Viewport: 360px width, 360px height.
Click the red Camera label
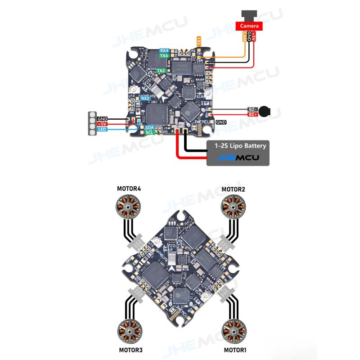pos(249,26)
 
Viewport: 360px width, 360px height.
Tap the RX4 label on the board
pos(164,50)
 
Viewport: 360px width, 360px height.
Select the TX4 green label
pos(164,56)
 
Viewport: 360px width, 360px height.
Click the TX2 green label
pos(161,71)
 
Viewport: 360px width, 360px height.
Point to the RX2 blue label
pos(145,99)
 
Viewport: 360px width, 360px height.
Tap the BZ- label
pos(253,109)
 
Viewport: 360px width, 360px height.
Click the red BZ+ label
pos(253,115)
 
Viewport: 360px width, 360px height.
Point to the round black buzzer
pos(266,111)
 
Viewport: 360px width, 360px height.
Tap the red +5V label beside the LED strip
pos(102,124)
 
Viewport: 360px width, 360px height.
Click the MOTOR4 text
pos(129,189)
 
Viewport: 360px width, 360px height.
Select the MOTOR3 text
pos(131,350)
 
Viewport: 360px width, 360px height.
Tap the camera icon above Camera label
pos(249,15)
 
